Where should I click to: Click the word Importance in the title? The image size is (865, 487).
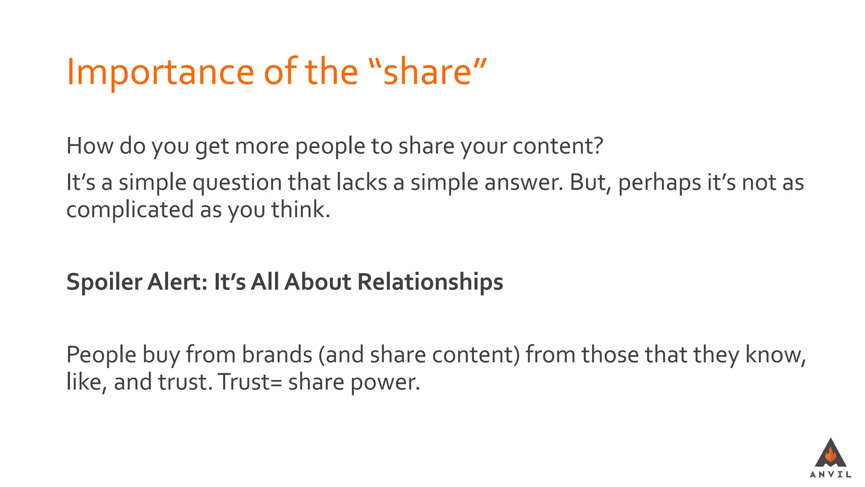[x=160, y=72]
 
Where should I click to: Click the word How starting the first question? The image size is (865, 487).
[x=90, y=146]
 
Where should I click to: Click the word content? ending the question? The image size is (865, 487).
[x=558, y=146]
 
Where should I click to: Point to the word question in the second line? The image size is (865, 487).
[x=237, y=183]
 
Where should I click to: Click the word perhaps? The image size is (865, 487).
[x=658, y=183]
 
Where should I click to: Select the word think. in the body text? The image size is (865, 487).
[x=300, y=209]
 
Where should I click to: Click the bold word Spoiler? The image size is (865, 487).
[x=104, y=282]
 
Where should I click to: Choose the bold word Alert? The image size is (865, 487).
[x=177, y=282]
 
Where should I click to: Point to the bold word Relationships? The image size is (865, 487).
[x=430, y=282]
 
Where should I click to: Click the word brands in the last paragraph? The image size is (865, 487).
[x=277, y=354]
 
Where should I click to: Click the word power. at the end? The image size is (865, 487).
[x=385, y=383]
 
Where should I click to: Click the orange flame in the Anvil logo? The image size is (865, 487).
[x=830, y=455]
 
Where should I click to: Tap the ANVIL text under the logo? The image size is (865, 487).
[x=830, y=474]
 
